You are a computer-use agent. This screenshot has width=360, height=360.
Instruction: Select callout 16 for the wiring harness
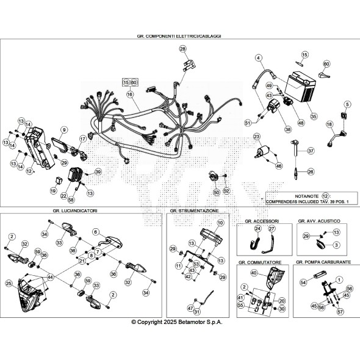pos(129,95)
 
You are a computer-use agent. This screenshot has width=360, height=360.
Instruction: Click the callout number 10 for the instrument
pos(220,224)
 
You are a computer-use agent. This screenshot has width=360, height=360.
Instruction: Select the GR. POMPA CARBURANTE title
pos(323,261)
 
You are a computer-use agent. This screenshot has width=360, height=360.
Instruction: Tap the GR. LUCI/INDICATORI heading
pos(75,211)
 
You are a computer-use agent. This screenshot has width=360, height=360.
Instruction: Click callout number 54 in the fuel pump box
pos(303,283)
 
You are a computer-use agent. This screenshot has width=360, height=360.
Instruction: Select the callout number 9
pos(64,130)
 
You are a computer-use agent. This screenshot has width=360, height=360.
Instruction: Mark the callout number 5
pos(347,104)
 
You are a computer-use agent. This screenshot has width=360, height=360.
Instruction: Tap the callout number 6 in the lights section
pos(96,232)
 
